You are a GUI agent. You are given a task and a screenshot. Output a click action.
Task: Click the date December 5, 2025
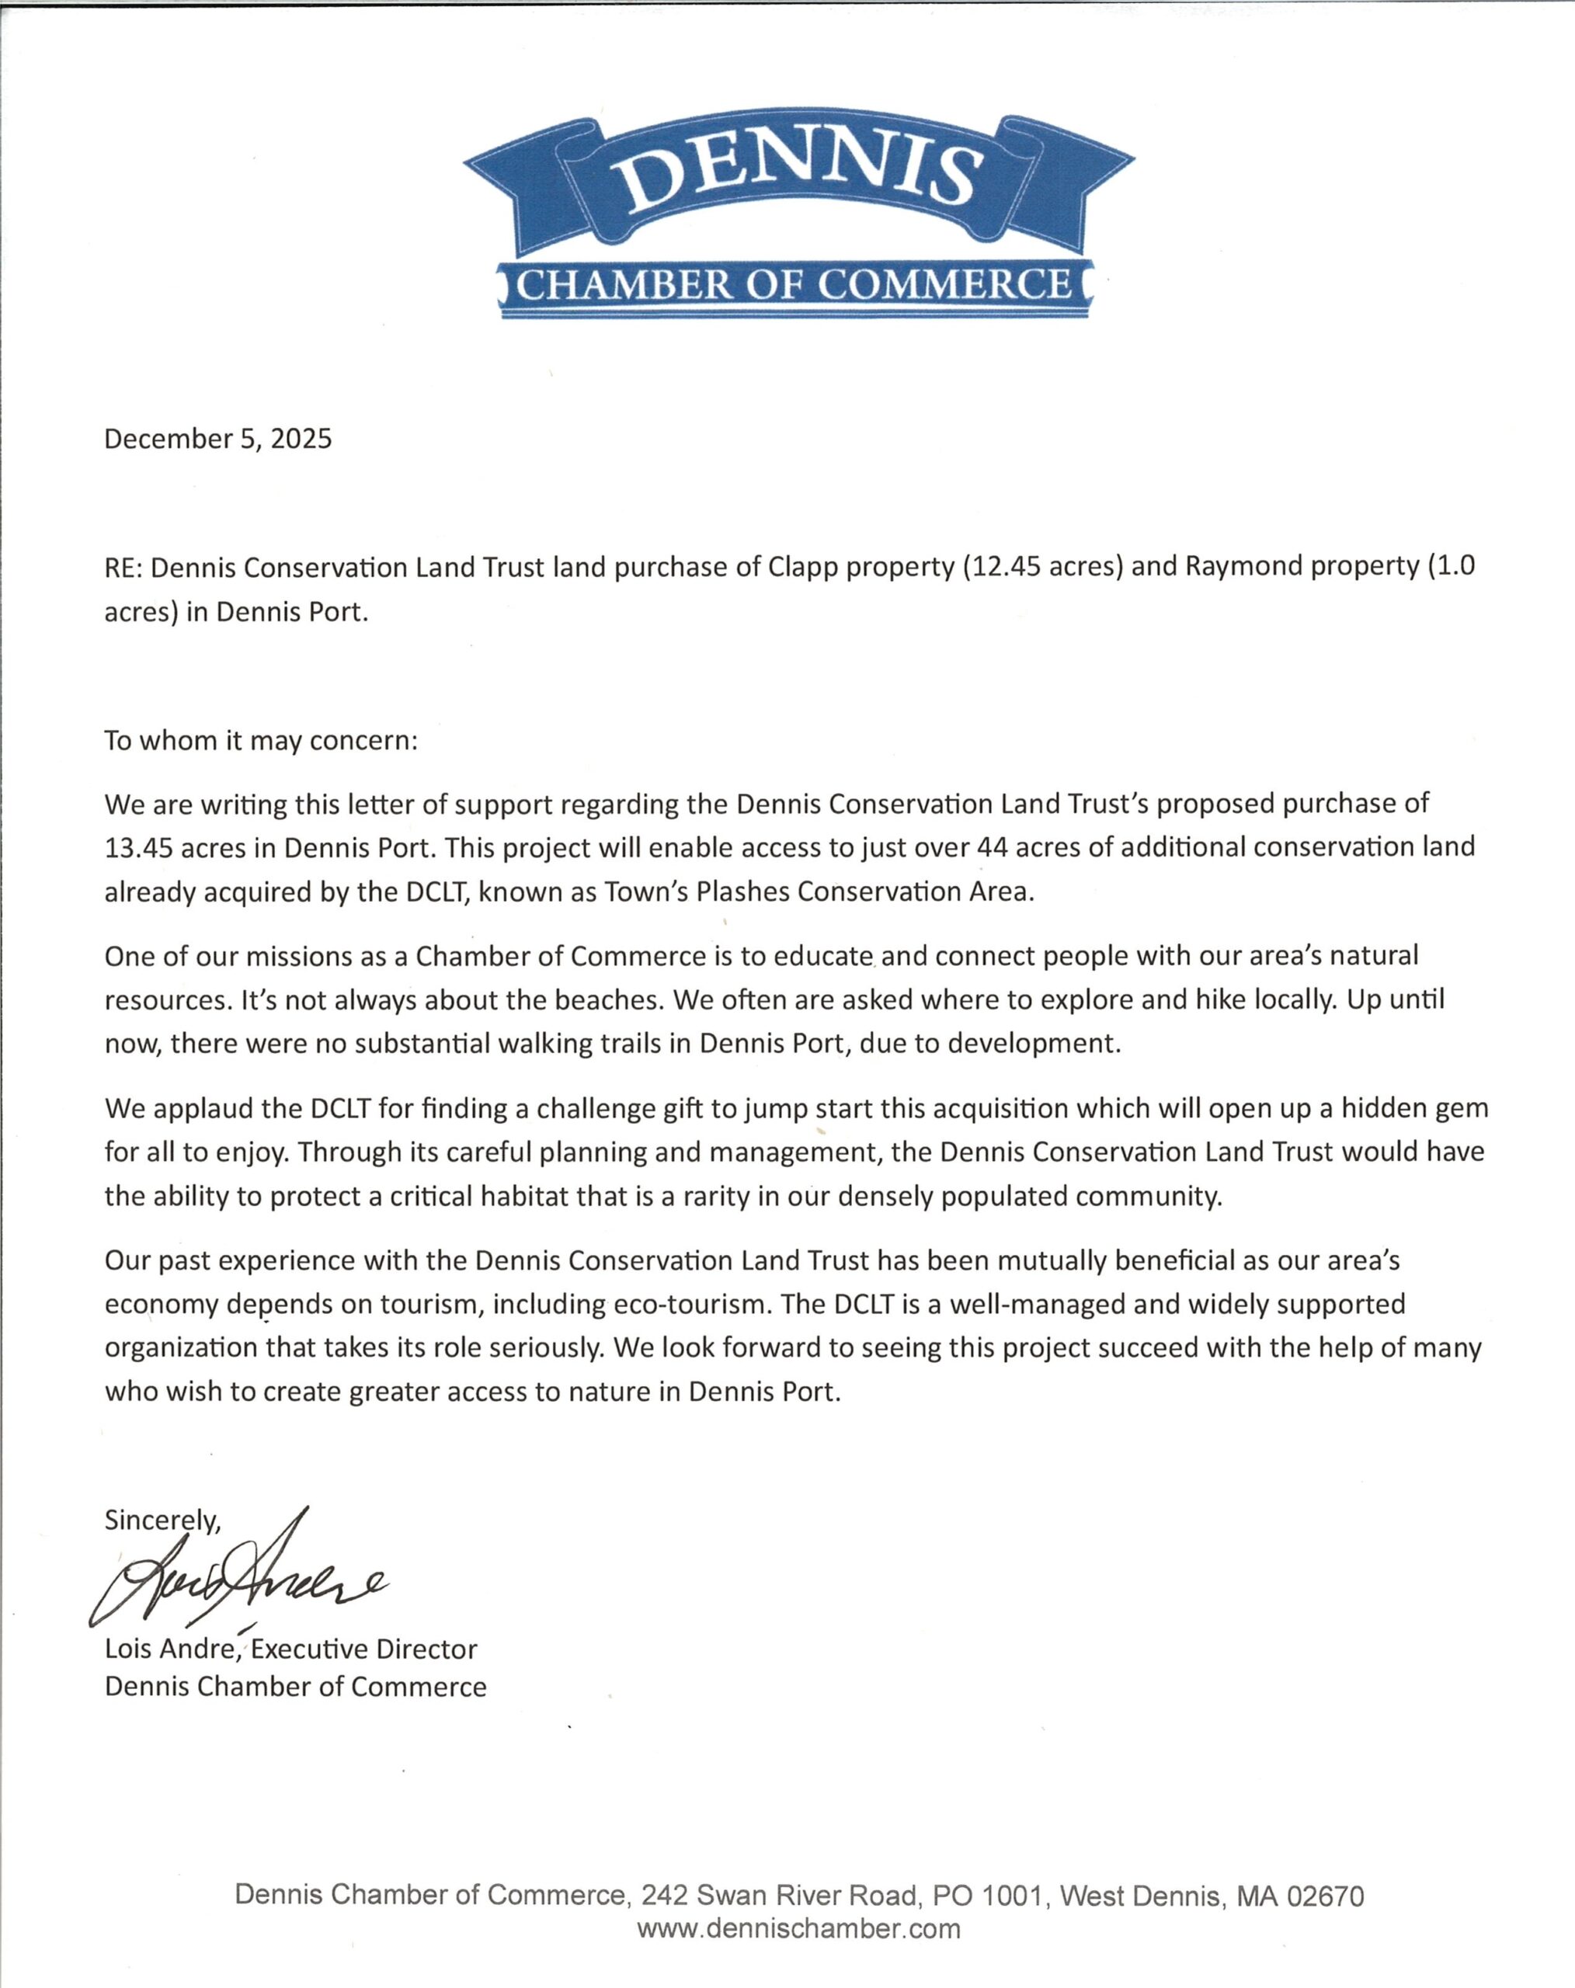[x=217, y=439]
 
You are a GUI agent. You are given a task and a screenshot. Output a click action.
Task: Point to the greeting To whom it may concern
[x=261, y=740]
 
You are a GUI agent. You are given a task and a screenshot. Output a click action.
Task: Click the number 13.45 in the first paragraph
[x=137, y=847]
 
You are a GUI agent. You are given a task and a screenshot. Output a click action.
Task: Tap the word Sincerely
[x=162, y=1520]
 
